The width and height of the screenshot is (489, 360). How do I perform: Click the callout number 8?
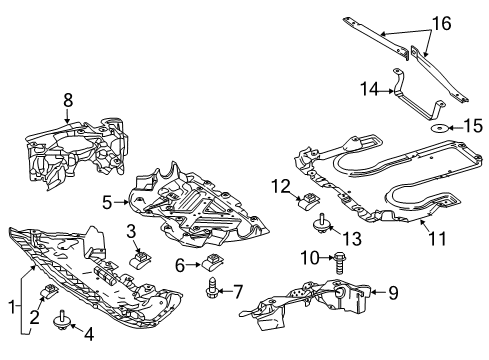tap(68, 100)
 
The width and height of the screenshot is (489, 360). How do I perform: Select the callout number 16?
tap(442, 23)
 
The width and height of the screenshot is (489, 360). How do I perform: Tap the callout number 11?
tap(437, 238)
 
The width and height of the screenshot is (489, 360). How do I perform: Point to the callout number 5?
tap(107, 202)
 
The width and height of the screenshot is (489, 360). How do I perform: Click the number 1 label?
tap(12, 307)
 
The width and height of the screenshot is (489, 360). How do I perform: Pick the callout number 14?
tap(370, 89)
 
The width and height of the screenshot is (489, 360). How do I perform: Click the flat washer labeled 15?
tap(438, 128)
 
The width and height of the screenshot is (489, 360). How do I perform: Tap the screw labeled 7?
tap(212, 288)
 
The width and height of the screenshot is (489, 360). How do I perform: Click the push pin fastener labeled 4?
tap(61, 320)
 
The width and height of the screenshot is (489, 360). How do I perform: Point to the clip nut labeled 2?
tap(49, 291)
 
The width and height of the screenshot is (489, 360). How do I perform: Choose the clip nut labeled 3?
tap(139, 258)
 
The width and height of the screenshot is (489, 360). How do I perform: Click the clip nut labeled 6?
tap(211, 261)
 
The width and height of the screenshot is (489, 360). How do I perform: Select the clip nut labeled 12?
tap(308, 200)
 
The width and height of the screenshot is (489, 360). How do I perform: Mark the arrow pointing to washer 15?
tap(454, 127)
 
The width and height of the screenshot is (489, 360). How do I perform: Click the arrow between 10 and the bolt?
tap(326, 257)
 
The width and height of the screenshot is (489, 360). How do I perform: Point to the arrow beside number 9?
tap(378, 292)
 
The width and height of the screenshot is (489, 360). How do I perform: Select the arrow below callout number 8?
tap(68, 115)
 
